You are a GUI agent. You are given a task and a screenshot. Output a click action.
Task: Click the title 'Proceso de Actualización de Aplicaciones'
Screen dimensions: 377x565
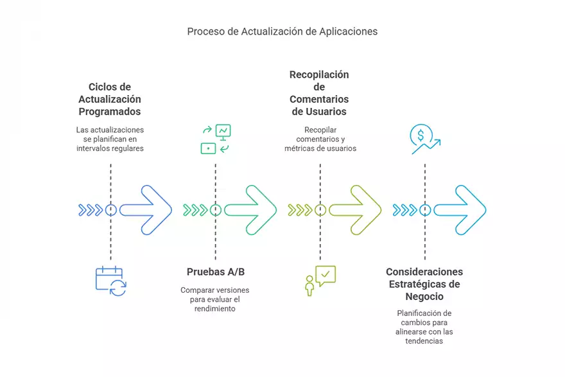(x=282, y=31)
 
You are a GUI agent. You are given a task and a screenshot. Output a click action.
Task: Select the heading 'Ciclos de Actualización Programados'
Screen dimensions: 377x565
(x=110, y=99)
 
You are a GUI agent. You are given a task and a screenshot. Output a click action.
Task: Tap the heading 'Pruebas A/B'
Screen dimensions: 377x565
(x=215, y=272)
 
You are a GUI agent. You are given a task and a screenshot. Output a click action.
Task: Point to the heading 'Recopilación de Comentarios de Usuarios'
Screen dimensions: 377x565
(x=319, y=93)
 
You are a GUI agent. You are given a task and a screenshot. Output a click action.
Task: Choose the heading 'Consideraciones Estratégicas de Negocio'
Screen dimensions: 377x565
(x=424, y=284)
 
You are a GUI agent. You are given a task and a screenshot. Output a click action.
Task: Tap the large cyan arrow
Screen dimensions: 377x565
(x=460, y=209)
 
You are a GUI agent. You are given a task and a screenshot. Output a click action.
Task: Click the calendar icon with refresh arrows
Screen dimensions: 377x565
(x=110, y=281)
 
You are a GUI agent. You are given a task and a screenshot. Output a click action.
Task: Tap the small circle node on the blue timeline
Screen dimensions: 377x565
(x=110, y=209)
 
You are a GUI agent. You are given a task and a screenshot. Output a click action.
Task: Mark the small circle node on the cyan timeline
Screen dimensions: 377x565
(x=424, y=209)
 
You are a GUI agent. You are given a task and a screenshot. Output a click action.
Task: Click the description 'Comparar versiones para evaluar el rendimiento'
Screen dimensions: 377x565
(x=215, y=299)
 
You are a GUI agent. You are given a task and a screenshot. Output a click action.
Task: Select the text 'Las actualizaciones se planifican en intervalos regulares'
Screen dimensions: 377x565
(x=110, y=139)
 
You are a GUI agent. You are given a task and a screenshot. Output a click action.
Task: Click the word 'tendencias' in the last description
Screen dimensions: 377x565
(x=424, y=341)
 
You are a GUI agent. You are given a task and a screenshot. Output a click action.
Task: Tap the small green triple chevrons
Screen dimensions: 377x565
(x=195, y=209)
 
